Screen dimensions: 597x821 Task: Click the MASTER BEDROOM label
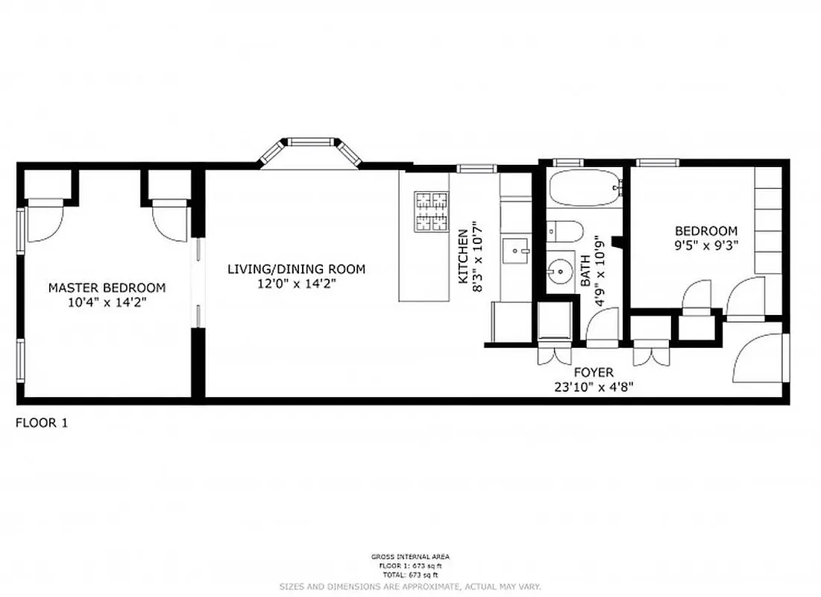[x=107, y=287]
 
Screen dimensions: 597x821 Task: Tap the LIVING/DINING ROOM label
[x=296, y=269]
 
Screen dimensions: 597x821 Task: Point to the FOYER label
[x=594, y=372]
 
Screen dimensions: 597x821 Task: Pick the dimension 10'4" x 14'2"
[x=107, y=302]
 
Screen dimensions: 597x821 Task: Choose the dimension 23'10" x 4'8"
[x=594, y=387]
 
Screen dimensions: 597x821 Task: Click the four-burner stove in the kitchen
[x=432, y=211]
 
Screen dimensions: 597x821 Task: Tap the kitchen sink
[x=515, y=249]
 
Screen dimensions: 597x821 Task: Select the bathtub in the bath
[x=585, y=188]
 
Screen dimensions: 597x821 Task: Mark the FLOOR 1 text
[x=42, y=423]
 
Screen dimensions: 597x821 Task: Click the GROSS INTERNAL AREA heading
[x=410, y=557]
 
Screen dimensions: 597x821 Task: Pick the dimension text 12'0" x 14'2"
[x=296, y=283]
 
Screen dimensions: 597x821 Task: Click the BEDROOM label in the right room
[x=705, y=231]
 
